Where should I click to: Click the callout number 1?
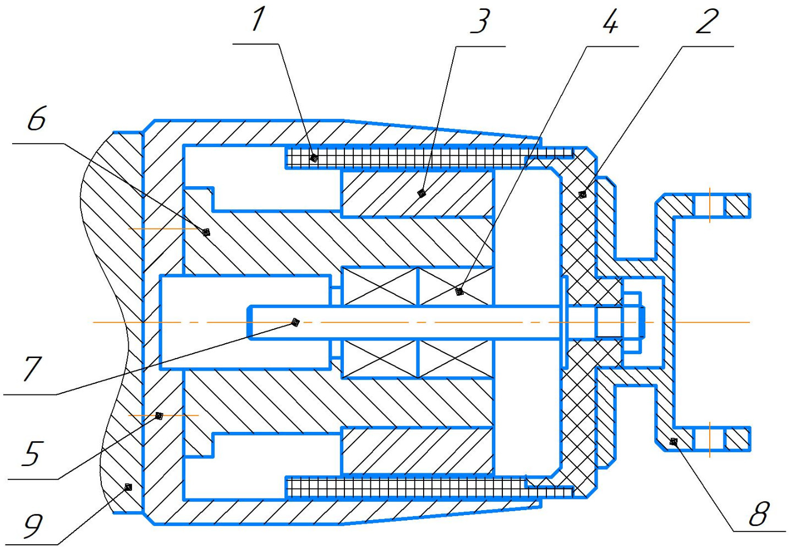tap(257, 19)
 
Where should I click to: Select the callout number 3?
tap(480, 21)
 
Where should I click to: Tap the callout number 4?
tap(610, 21)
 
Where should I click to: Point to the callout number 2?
tap(707, 21)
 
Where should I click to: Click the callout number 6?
tap(37, 119)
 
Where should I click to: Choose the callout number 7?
tap(32, 368)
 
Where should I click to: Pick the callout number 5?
tap(31, 452)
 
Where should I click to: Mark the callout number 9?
tap(32, 525)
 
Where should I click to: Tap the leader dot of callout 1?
tap(314, 158)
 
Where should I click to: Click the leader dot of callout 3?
tap(421, 193)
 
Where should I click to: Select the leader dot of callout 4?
tap(460, 291)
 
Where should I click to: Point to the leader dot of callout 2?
tap(582, 194)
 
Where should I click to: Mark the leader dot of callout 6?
tap(206, 232)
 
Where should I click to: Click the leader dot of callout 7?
tap(295, 322)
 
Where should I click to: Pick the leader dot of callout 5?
tap(159, 415)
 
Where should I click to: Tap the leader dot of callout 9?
tap(128, 487)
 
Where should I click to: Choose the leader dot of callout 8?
tap(672, 441)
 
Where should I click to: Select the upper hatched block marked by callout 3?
tap(417, 194)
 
